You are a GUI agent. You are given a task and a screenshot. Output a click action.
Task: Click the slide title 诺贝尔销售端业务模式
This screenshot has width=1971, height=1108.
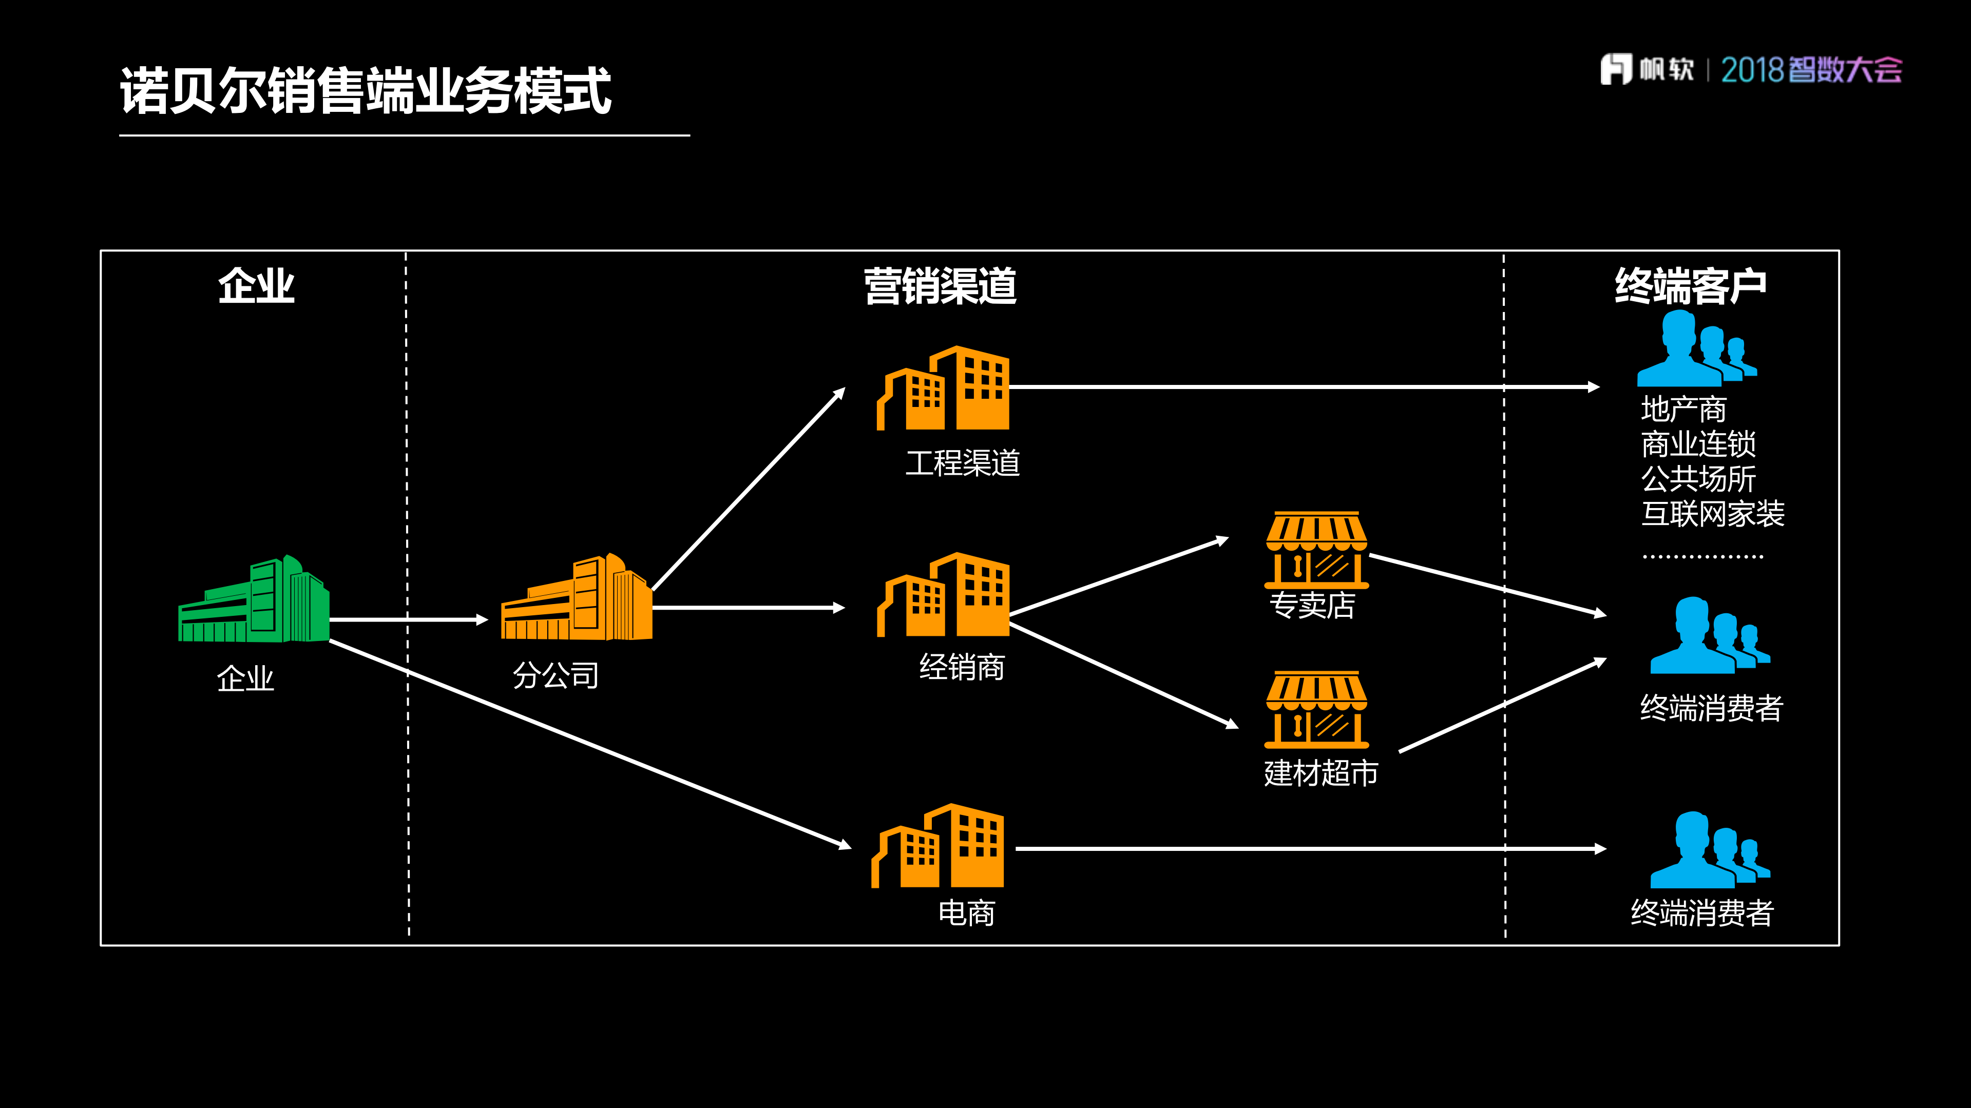coord(365,90)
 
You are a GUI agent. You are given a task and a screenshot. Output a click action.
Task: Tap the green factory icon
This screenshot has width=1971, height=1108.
coord(254,600)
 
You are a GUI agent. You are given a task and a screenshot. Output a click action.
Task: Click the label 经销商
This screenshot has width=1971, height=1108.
coord(962,667)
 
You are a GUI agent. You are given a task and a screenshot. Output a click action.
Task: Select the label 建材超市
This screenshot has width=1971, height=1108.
coord(1321,773)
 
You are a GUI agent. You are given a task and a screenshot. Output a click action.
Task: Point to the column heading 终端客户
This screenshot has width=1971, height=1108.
coord(1690,286)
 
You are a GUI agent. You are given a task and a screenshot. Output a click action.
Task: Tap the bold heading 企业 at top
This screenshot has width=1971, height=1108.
coord(256,286)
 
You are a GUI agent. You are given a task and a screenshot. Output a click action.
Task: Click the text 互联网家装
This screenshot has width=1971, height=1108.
coord(1712,513)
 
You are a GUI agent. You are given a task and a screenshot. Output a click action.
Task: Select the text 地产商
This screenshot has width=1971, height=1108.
coord(1683,409)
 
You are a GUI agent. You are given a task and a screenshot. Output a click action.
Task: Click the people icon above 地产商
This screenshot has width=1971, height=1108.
coord(1695,349)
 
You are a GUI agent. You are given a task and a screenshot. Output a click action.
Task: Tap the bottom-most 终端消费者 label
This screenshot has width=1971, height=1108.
coord(1701,912)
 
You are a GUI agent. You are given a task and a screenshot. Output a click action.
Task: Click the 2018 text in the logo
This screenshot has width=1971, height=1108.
coord(1752,70)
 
